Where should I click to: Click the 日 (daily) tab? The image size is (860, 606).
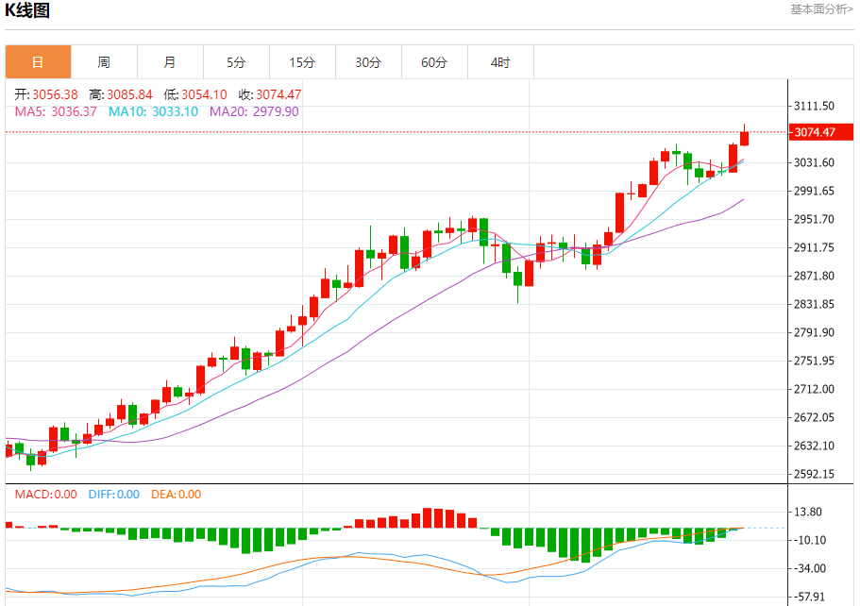point(38,62)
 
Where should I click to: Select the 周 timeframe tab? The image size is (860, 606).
point(104,62)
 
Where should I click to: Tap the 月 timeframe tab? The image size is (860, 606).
point(170,62)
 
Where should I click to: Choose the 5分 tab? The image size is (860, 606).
point(236,62)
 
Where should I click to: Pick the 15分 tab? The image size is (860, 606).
point(302,62)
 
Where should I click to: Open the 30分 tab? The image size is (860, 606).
point(368,62)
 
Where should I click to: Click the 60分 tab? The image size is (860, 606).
point(434,62)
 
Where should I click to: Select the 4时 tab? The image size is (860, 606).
point(500,62)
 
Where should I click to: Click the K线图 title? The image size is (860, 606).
point(28,10)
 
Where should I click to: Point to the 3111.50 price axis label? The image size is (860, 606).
point(815,106)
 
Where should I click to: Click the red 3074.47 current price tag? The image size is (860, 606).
point(815,132)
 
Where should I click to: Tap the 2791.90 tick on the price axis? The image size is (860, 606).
point(815,332)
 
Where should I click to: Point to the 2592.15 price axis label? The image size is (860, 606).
point(815,474)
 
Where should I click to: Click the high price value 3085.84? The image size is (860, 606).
point(129,94)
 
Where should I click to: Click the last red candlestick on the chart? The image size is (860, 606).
point(745,138)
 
